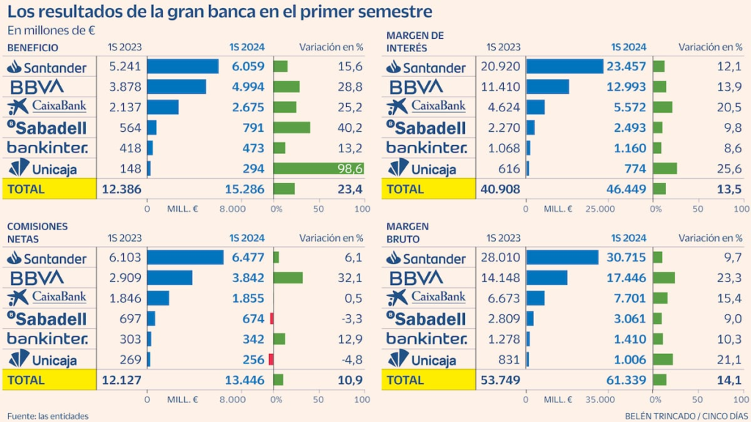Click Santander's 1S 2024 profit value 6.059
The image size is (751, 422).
(248, 67)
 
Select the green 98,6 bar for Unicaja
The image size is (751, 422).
(318, 168)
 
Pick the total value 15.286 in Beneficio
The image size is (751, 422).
(246, 189)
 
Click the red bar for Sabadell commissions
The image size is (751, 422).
(271, 319)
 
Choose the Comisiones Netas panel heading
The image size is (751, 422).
(37, 232)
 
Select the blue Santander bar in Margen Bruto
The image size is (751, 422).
(563, 258)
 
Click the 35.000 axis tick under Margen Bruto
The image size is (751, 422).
(600, 400)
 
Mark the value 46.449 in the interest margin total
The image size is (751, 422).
(626, 189)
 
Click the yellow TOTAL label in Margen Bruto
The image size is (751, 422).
(405, 380)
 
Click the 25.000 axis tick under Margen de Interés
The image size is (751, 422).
(600, 209)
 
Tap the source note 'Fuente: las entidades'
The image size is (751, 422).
(48, 416)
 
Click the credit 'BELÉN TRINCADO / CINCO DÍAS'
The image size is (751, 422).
(683, 416)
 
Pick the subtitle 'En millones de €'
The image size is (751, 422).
(51, 30)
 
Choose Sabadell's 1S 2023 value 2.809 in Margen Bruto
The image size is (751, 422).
(505, 319)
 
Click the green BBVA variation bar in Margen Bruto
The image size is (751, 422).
(664, 278)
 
